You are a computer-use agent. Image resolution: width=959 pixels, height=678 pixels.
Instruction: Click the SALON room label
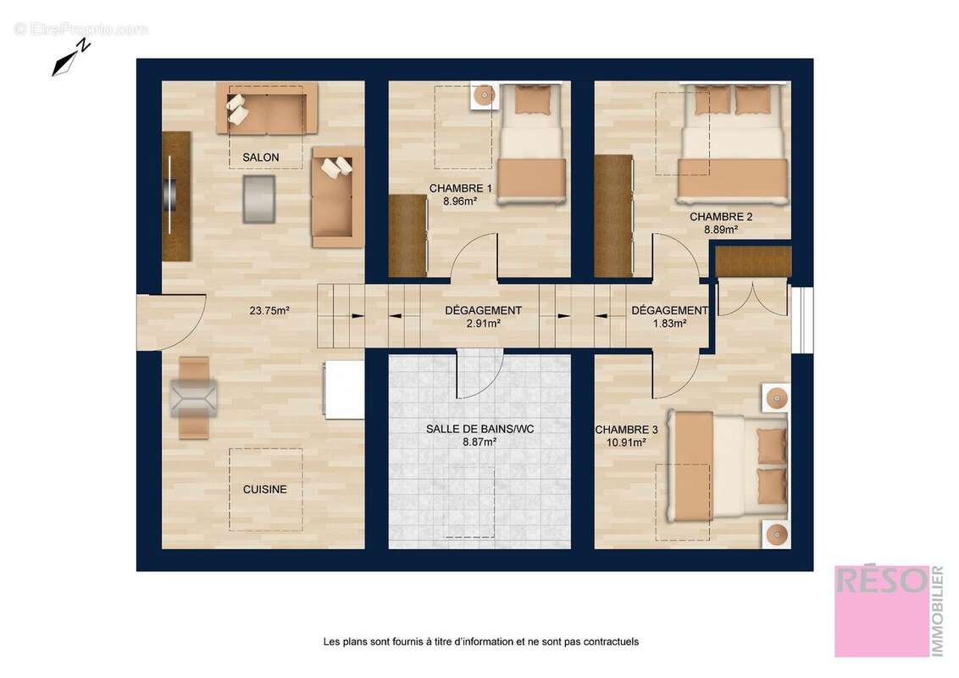tap(260, 158)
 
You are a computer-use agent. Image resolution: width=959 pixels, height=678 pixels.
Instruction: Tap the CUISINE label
tap(264, 489)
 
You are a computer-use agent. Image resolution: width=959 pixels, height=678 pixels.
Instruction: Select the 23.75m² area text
tap(269, 311)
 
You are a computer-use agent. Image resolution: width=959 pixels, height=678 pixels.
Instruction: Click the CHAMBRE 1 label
tap(460, 188)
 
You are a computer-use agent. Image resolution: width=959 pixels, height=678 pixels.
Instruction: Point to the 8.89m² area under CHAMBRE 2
tap(721, 229)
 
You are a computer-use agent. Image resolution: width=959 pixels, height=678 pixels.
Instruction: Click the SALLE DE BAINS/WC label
tap(479, 429)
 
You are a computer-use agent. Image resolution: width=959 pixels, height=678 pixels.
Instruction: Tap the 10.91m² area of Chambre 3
tap(626, 442)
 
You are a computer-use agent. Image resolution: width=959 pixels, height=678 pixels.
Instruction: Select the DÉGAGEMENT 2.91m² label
tap(483, 311)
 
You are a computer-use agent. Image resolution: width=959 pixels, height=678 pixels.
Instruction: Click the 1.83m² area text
tap(669, 323)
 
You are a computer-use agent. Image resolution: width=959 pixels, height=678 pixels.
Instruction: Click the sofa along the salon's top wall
tap(266, 108)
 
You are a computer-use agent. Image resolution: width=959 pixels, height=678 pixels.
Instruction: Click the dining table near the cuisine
tap(194, 397)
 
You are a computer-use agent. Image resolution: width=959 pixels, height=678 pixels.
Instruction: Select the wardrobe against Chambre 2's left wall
tap(613, 216)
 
